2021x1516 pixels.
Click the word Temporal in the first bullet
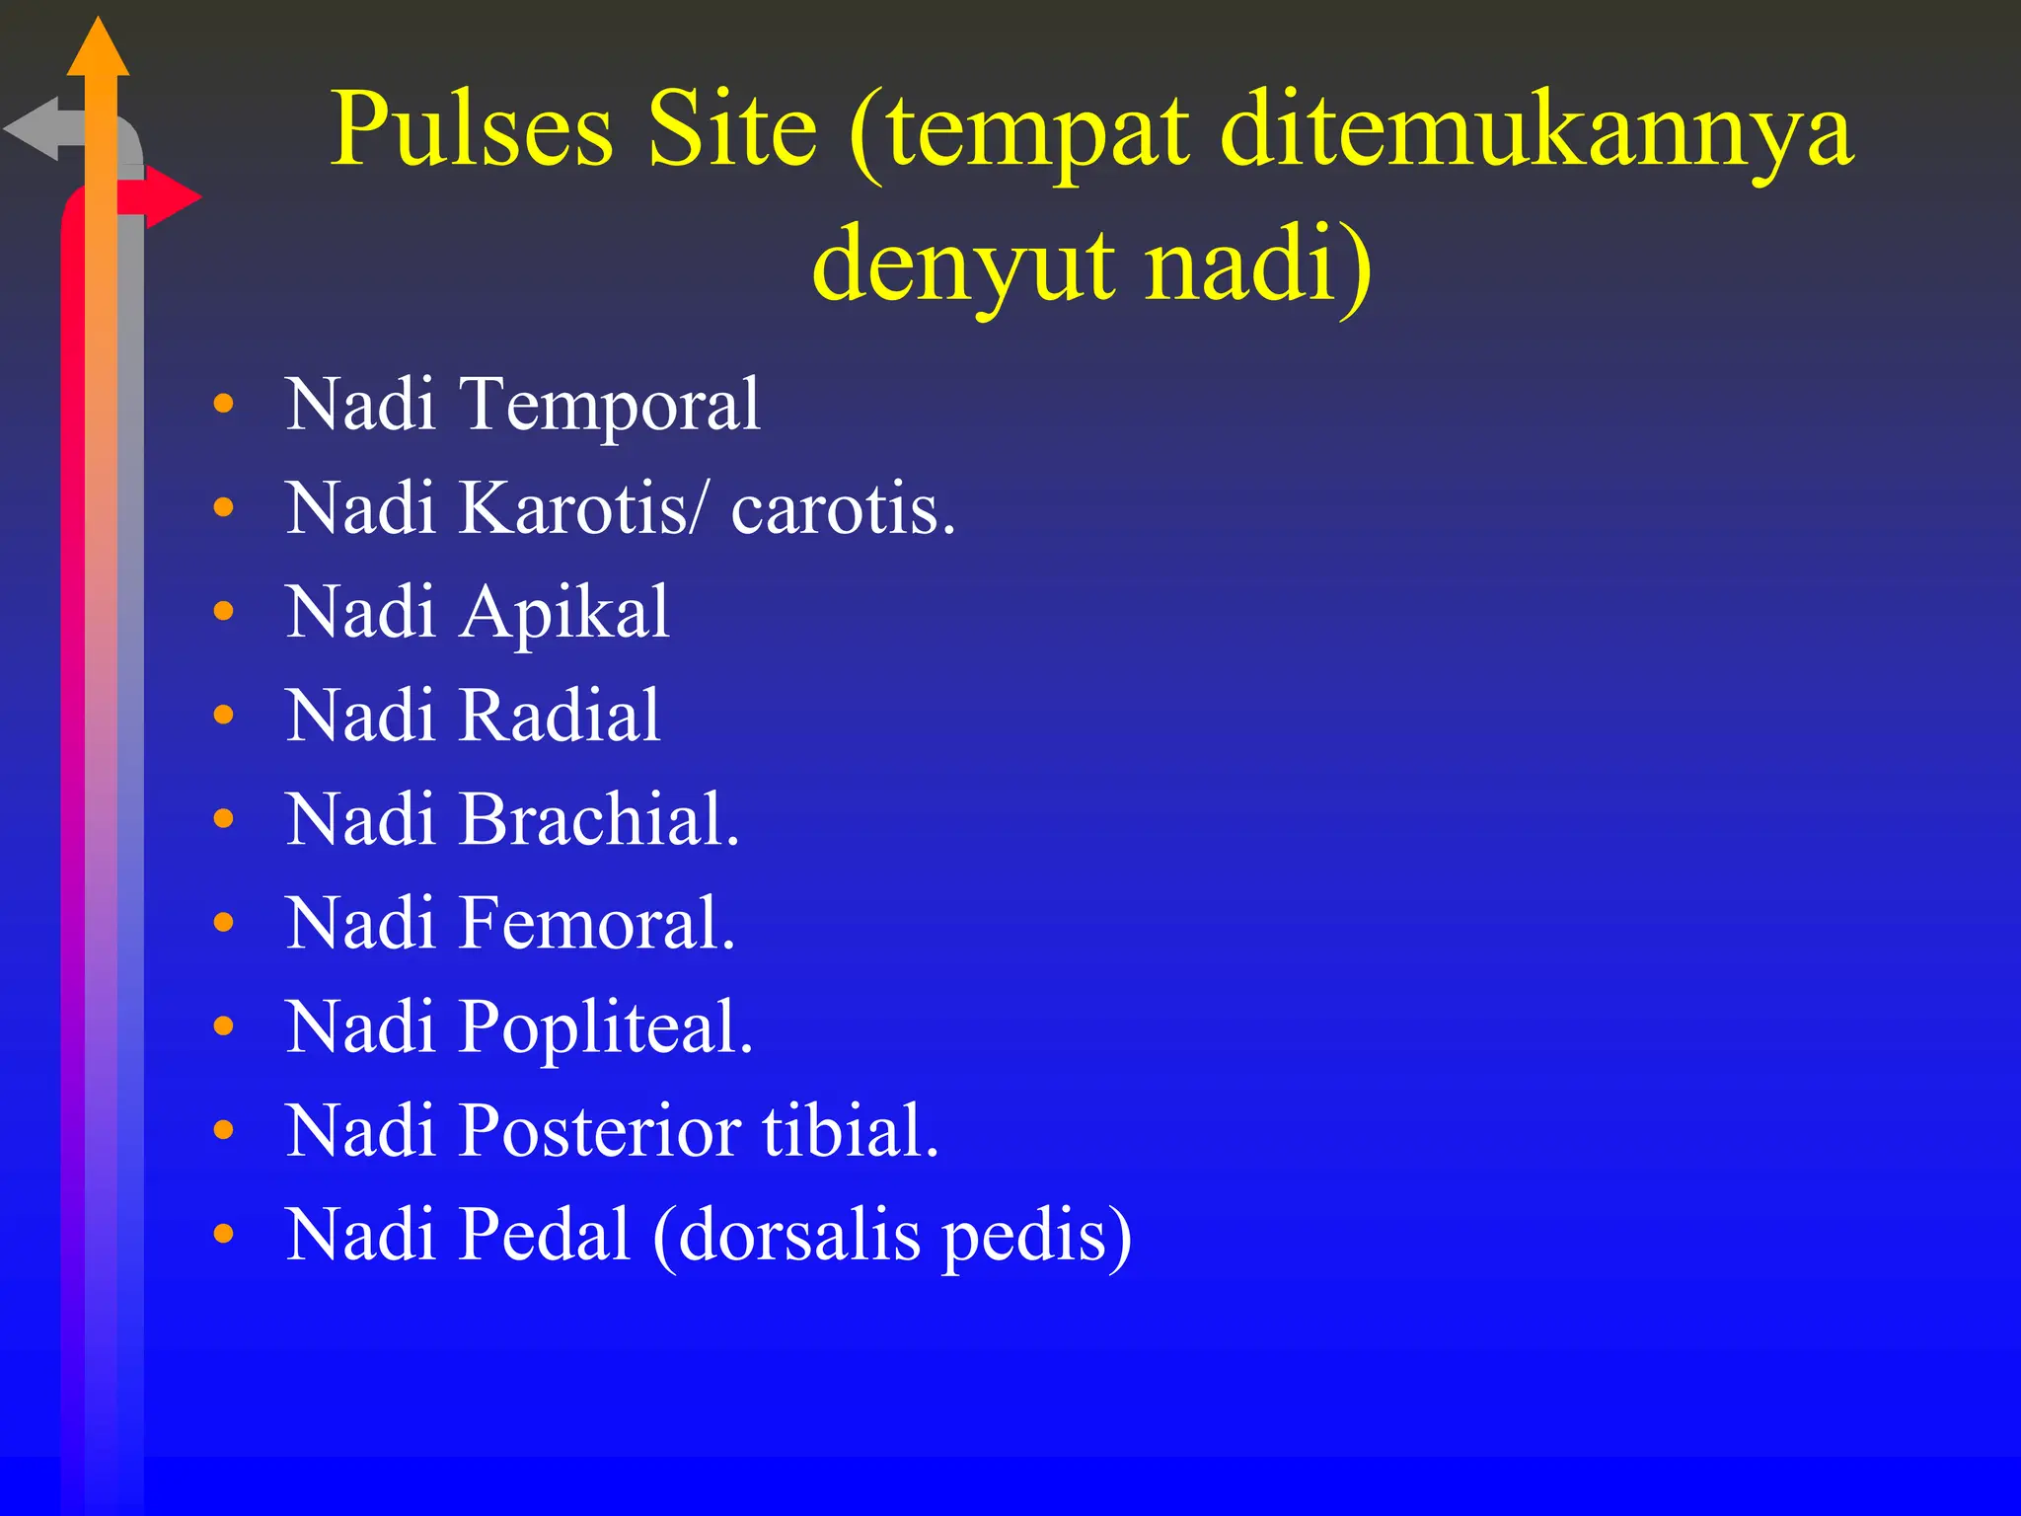tap(611, 405)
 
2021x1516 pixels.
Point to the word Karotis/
tap(583, 508)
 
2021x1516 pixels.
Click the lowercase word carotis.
tap(843, 510)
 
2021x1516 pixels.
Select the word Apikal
tap(564, 613)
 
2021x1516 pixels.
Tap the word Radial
tap(560, 716)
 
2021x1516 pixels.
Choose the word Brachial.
tap(599, 819)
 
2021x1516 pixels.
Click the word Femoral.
tap(597, 923)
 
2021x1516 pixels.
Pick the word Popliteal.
tap(606, 1027)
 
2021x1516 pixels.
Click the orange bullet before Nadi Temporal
tap(224, 404)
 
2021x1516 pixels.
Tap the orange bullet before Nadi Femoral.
tap(224, 923)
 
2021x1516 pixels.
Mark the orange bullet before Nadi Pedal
tap(224, 1234)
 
